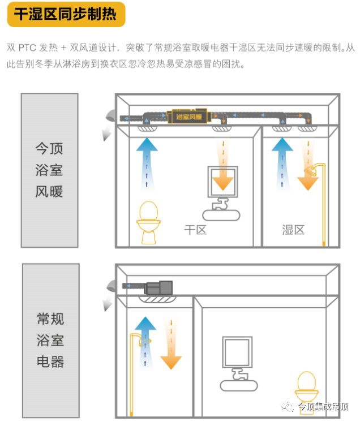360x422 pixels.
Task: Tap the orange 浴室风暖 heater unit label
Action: [x=189, y=117]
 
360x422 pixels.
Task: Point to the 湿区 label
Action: [x=293, y=230]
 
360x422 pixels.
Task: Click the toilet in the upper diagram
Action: [x=148, y=222]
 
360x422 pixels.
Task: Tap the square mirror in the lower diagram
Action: [x=237, y=354]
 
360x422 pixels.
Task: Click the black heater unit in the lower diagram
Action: [x=159, y=287]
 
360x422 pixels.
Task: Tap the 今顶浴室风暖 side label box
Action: [x=50, y=170]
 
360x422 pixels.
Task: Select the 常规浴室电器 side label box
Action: [x=50, y=340]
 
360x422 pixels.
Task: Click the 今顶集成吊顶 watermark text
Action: [x=323, y=407]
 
